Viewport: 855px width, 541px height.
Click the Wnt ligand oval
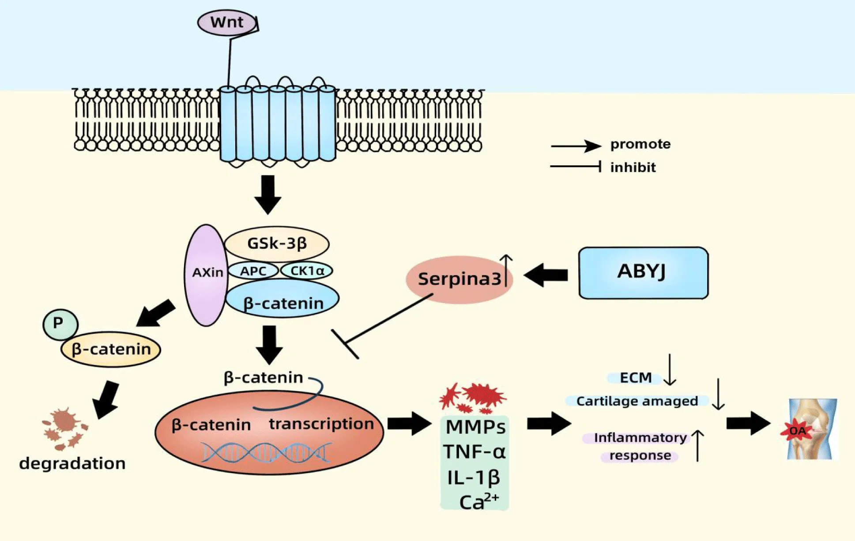[227, 22]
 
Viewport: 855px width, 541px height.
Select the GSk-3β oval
[277, 243]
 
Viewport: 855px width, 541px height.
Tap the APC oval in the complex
[253, 271]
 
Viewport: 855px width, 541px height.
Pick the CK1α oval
[307, 270]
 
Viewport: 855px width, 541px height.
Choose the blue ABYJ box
[643, 272]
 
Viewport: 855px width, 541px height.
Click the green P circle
[60, 324]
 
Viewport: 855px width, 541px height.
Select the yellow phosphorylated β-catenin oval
[111, 349]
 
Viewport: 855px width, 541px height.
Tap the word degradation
[72, 463]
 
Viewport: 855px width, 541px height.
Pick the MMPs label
[475, 427]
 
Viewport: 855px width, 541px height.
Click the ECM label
[636, 378]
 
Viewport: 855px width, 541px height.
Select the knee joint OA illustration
[811, 429]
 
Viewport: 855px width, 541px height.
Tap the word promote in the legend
[640, 144]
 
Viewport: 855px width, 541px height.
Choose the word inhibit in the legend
[633, 168]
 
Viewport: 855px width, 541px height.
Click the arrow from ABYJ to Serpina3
[546, 275]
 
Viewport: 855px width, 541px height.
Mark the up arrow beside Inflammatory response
[697, 445]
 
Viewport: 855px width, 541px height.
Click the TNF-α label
[475, 452]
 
